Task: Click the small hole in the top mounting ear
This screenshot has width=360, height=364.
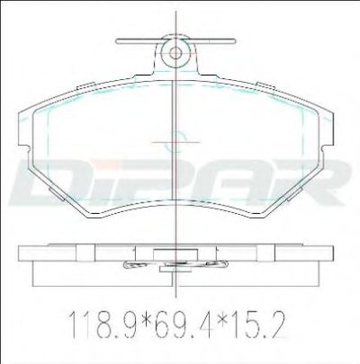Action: click(x=175, y=53)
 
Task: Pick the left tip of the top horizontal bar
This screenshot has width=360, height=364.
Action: click(x=116, y=41)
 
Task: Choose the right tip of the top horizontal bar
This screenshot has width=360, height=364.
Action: click(x=235, y=41)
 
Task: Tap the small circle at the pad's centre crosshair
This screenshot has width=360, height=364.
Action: click(x=176, y=141)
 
